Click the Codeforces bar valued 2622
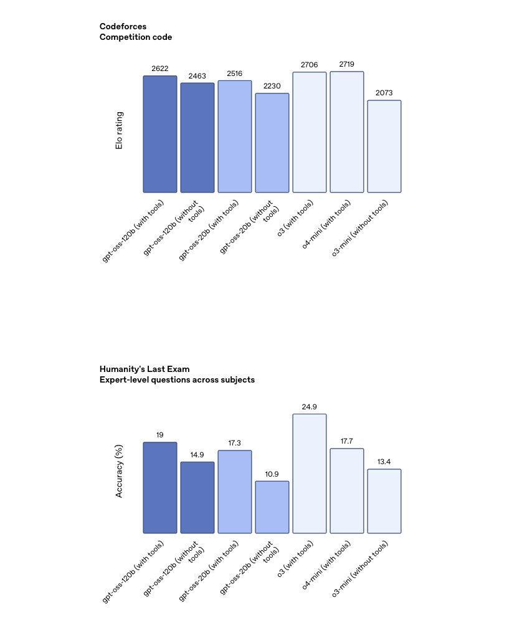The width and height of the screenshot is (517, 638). [160, 134]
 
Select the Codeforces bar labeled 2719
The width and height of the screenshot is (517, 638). [347, 132]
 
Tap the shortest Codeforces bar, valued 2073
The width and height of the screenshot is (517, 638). [384, 146]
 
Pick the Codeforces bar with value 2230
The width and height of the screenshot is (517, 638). [272, 143]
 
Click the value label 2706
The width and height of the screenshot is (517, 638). [309, 65]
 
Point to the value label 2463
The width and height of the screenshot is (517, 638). [197, 76]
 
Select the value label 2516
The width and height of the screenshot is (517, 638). [235, 74]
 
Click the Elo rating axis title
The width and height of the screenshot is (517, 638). [119, 130]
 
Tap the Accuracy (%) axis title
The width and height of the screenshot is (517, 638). [119, 470]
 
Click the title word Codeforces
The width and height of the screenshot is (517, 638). [123, 26]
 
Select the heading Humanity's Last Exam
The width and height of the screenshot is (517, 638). [145, 369]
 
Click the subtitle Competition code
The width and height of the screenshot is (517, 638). [136, 37]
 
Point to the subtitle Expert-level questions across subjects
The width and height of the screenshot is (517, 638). [177, 379]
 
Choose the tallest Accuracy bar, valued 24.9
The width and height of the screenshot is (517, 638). [310, 474]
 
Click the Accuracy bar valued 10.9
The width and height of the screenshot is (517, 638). [272, 507]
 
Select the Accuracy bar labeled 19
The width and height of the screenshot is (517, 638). [160, 488]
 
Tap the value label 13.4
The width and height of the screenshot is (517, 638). [384, 462]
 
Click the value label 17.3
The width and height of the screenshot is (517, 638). [235, 443]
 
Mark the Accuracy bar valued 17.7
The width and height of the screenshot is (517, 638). [347, 491]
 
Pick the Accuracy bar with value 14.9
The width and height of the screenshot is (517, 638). [197, 497]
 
